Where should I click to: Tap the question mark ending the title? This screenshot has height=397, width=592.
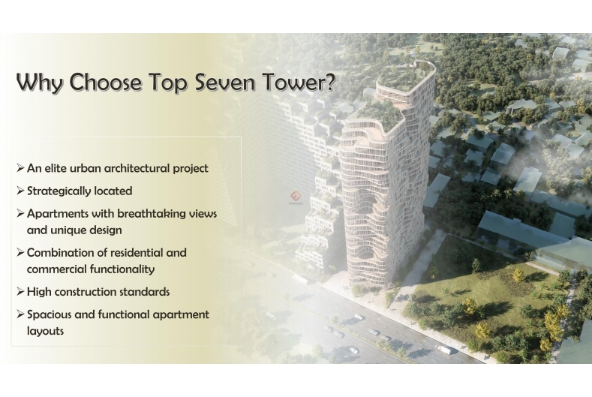click(329, 82)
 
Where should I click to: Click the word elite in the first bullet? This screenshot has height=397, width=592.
click(54, 168)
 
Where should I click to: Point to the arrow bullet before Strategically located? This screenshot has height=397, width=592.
click(20, 191)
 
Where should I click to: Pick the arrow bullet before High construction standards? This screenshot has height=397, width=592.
click(20, 292)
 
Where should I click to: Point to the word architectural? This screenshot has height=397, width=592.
click(137, 168)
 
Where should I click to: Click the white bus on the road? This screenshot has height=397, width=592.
click(443, 350)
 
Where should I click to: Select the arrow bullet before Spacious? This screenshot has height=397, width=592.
click(20, 314)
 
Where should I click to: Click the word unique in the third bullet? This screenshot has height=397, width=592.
click(67, 230)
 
